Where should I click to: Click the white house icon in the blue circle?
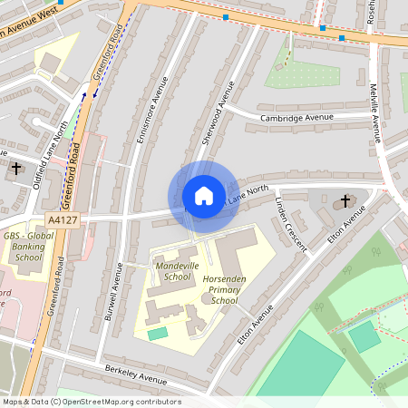(x=203, y=196)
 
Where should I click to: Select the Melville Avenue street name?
(x=374, y=114)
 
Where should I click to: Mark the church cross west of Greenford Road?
(x=15, y=168)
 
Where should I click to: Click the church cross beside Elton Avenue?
(x=345, y=200)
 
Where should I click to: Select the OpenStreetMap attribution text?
(x=91, y=402)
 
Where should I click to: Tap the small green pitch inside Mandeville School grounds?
(x=158, y=334)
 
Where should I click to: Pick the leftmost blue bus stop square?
(x=225, y=16)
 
